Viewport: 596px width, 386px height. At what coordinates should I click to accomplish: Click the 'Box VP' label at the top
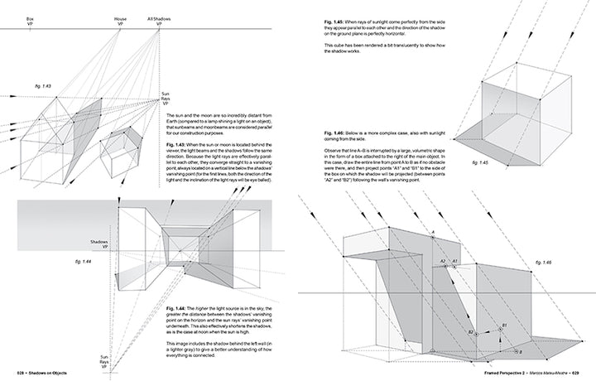point(30,20)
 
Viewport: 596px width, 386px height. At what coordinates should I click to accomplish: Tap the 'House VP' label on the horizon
point(120,20)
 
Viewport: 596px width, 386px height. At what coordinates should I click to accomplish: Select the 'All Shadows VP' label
point(159,20)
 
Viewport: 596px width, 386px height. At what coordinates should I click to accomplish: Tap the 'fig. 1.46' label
point(541,261)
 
